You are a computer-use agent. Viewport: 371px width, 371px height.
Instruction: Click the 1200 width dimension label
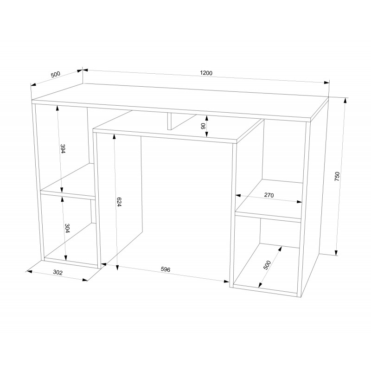(206, 73)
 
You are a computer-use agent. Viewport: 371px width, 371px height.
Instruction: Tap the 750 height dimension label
(337, 177)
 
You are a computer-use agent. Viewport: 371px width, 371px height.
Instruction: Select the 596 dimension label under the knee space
(166, 269)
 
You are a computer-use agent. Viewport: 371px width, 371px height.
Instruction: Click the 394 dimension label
(63, 148)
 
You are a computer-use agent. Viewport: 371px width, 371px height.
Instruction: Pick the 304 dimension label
(67, 228)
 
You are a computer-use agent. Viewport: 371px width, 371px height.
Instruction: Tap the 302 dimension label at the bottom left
(58, 272)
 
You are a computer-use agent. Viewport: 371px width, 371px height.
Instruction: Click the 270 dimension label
(269, 195)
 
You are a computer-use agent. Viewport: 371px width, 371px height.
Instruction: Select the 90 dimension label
(203, 126)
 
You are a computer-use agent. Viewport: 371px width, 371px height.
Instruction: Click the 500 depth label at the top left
(56, 75)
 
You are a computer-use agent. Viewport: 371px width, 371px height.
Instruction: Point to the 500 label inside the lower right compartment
(267, 265)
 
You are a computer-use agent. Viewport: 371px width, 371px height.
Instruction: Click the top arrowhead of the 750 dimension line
(345, 100)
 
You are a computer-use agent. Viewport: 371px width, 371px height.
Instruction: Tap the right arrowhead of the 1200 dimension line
(326, 83)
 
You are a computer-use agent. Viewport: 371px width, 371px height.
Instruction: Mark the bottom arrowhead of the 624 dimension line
(117, 268)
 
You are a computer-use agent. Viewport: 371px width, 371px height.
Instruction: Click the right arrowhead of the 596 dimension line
(226, 281)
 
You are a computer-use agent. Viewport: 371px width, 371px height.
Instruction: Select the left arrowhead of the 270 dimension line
(238, 196)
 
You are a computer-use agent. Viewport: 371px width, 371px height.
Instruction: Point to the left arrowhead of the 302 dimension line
(29, 271)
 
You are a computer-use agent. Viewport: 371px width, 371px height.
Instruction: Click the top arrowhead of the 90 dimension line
(206, 118)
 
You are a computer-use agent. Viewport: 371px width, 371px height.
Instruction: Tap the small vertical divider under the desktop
(170, 121)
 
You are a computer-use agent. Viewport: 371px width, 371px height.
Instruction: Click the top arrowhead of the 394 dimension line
(57, 108)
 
